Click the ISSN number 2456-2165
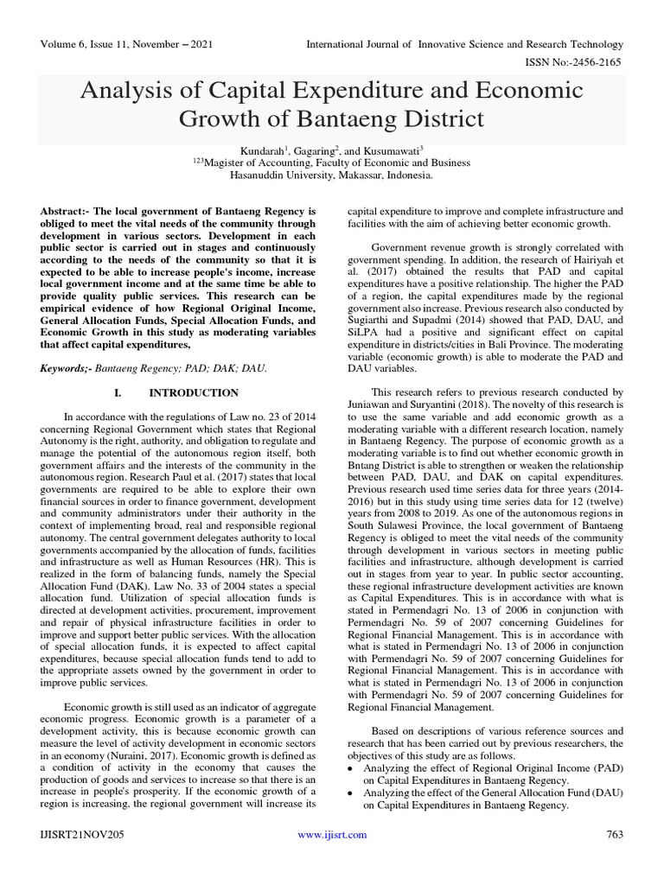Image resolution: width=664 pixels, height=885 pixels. (593, 63)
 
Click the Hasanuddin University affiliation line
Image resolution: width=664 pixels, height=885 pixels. (331, 174)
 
